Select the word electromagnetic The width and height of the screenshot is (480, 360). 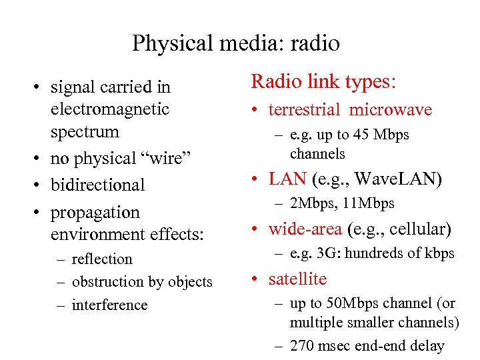point(110,109)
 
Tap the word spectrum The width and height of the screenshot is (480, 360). point(85,131)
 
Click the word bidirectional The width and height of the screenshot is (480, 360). point(97,185)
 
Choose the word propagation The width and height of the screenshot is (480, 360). point(95,213)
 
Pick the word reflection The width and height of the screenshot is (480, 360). point(102,259)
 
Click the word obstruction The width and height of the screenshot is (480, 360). point(108,282)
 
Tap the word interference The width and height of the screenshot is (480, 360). point(109,305)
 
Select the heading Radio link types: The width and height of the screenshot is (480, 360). point(324,82)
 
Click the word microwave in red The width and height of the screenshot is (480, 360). point(391,110)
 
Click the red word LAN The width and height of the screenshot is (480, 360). point(287,179)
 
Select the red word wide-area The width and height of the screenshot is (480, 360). point(305,229)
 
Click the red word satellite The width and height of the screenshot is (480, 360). point(297,279)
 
